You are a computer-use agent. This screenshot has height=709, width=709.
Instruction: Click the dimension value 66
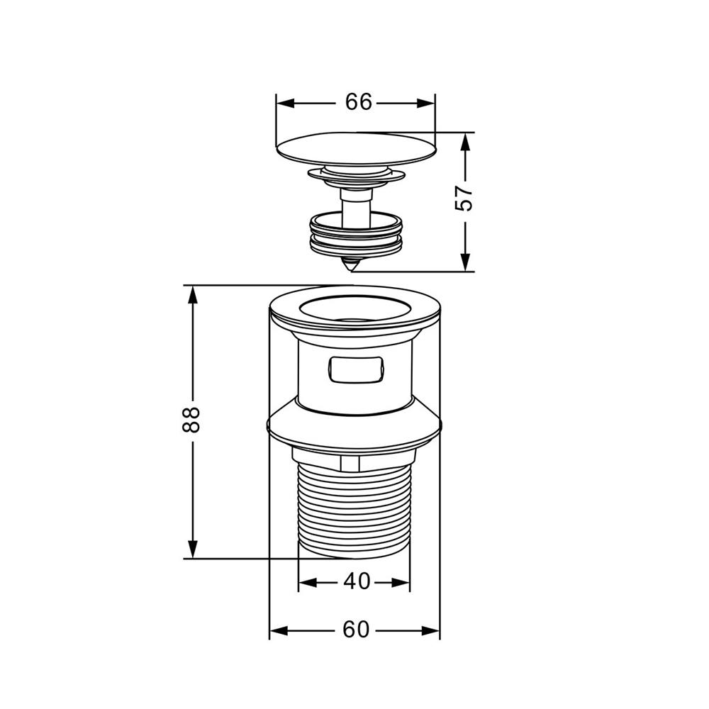pyautogui.click(x=358, y=102)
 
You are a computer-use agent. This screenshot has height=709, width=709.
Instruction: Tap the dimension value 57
pyautogui.click(x=464, y=198)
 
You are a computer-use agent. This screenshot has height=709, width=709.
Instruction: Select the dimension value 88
pyautogui.click(x=191, y=420)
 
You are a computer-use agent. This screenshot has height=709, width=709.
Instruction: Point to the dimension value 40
pyautogui.click(x=357, y=581)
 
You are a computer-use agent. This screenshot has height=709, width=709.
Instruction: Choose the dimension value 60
pyautogui.click(x=356, y=630)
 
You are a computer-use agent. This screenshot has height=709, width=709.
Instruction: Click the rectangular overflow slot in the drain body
pyautogui.click(x=356, y=369)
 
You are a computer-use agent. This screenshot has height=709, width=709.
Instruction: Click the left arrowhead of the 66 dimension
pyautogui.click(x=285, y=103)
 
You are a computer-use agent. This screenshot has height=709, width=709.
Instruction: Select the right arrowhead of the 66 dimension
pyautogui.click(x=425, y=103)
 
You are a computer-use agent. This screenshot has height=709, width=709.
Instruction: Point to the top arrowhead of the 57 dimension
pyautogui.click(x=465, y=142)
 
